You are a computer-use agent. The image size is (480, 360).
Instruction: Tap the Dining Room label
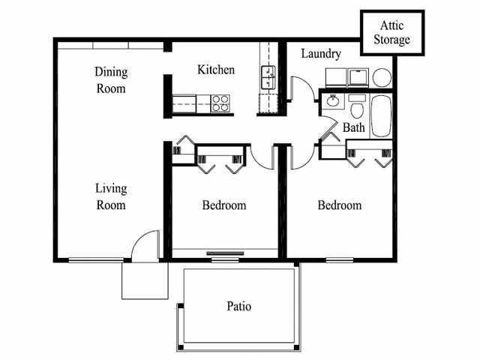[111, 80]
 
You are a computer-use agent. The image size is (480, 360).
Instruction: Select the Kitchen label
[216, 70]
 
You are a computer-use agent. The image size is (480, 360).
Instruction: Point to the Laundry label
[321, 54]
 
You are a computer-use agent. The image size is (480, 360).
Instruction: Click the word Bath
[354, 128]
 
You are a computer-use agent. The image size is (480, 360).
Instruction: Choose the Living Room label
[110, 196]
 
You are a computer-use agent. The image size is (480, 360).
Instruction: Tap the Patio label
[238, 307]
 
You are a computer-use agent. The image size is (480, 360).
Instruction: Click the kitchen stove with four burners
[220, 103]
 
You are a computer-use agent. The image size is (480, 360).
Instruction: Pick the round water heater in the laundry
[382, 78]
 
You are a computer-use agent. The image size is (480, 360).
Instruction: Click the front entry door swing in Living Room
[145, 245]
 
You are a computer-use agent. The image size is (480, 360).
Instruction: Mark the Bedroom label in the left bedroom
[224, 205]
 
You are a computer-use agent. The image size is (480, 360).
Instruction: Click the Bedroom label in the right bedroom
[339, 205]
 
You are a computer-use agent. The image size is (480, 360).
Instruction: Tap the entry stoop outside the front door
[145, 280]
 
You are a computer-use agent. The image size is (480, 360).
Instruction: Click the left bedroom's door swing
[262, 157]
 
